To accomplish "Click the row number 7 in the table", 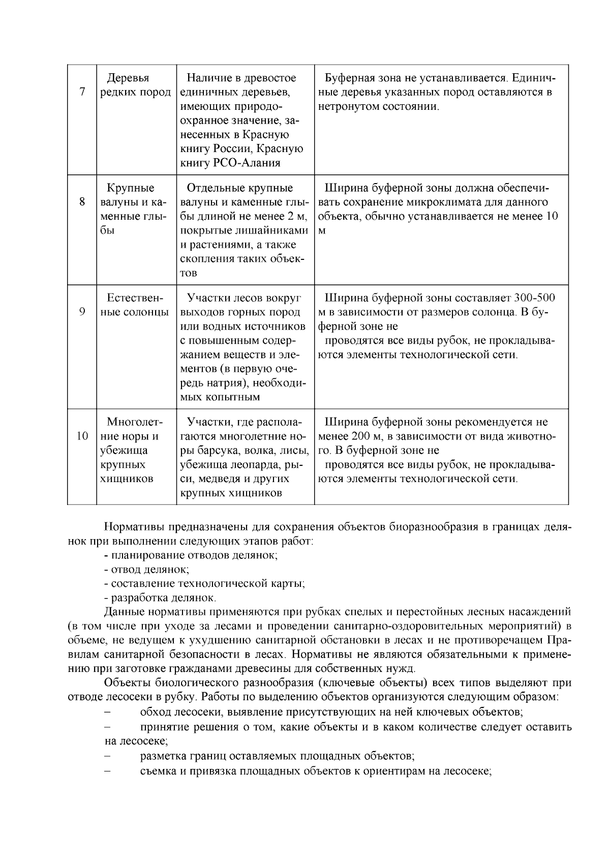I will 82,93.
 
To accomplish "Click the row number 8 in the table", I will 82,202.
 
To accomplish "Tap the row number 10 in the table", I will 82,436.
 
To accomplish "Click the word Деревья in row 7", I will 128,78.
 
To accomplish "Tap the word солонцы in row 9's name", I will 146,312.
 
